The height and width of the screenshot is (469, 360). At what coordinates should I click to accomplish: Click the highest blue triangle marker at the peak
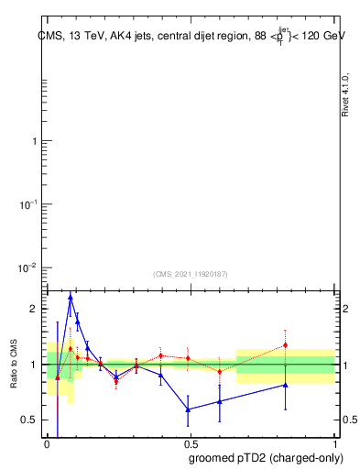pyautogui.click(x=71, y=298)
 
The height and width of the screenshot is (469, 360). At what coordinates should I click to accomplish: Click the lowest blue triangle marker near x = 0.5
pyautogui.click(x=188, y=409)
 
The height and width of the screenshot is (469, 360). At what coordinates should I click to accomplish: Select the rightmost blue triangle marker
pyautogui.click(x=286, y=385)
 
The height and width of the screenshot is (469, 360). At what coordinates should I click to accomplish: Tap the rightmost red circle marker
pyautogui.click(x=286, y=345)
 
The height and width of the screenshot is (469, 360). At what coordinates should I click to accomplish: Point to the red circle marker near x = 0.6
pyautogui.click(x=220, y=371)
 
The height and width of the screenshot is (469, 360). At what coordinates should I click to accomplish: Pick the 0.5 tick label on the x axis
pyautogui.click(x=191, y=444)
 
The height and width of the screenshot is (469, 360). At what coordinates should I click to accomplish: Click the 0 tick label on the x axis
pyautogui.click(x=47, y=444)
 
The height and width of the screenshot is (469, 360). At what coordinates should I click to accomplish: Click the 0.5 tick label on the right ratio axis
pyautogui.click(x=349, y=420)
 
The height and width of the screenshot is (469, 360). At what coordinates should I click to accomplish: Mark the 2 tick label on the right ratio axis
pyautogui.click(x=344, y=309)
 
